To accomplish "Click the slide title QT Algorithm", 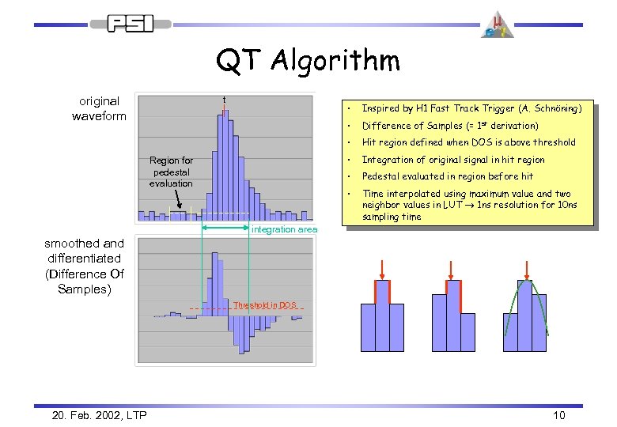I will [308, 59].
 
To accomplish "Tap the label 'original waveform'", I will [99, 108].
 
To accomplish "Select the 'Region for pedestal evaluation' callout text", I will [171, 172].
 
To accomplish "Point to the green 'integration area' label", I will [284, 229].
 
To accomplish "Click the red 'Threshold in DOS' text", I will [264, 305].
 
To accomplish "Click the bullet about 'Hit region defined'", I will [468, 142].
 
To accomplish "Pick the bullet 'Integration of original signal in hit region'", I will [453, 160].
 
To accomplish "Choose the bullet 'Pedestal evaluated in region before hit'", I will [448, 177].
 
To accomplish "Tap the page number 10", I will [558, 415].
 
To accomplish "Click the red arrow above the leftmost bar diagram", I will [382, 268].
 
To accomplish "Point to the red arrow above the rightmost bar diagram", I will [528, 268].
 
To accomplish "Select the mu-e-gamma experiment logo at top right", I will [497, 25].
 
